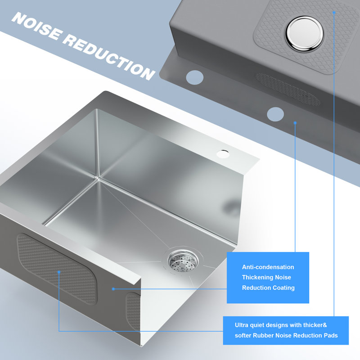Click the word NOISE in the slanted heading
(x=37, y=27)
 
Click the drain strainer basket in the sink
(x=183, y=261)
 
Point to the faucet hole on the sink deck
(x=223, y=154)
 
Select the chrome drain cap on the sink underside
(x=305, y=33)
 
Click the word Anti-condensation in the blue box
(x=268, y=267)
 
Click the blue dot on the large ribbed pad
(x=59, y=272)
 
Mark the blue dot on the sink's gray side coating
(x=113, y=289)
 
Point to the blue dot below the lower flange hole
(x=295, y=123)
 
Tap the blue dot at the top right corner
(x=334, y=12)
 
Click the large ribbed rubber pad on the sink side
(x=57, y=269)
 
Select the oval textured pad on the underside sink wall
(x=288, y=89)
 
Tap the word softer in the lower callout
(x=243, y=335)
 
